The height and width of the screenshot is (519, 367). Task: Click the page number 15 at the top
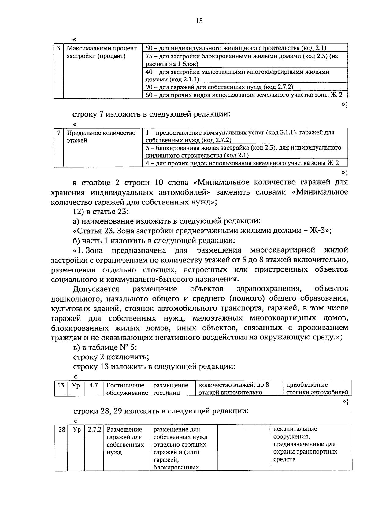coord(199,21)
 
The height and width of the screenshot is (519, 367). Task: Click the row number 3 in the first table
coord(59,48)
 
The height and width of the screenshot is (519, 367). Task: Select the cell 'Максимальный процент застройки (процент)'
coord(102,52)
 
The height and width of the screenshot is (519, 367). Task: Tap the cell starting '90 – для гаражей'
coord(219,87)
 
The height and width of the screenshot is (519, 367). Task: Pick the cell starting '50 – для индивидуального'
coord(236,48)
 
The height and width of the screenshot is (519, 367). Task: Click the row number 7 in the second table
coord(59,133)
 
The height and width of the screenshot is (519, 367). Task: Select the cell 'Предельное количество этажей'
coord(101,137)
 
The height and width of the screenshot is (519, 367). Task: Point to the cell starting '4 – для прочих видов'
coord(242,163)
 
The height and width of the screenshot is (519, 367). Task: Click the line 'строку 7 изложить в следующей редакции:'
coord(151,114)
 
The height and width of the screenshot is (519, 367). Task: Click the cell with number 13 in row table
coord(61,385)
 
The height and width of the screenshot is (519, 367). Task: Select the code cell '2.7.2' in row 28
coord(95,429)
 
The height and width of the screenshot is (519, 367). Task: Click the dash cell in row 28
coord(244,429)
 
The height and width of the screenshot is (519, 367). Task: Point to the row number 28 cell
coord(61,429)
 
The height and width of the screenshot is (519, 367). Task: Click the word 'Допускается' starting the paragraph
coord(96,289)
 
